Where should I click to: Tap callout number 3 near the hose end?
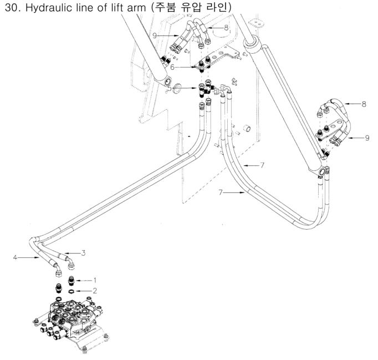83,253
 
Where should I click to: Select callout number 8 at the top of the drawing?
226,27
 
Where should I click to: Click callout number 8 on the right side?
364,104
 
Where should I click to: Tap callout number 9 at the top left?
156,36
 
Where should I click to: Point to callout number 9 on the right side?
367,138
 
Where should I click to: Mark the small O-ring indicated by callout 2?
73,290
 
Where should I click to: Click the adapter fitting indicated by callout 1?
71,281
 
